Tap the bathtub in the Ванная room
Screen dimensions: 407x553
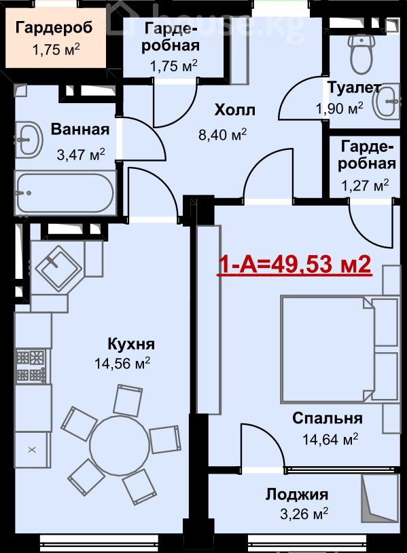coord(65,193)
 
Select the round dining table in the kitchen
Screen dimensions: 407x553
coord(120,444)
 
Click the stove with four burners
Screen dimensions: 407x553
coord(31,366)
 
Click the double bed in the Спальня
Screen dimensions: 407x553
coord(339,349)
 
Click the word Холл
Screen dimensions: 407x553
coord(235,111)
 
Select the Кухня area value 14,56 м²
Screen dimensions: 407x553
coord(122,363)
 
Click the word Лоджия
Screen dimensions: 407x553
coord(297,494)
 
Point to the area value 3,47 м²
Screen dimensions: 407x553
coord(81,154)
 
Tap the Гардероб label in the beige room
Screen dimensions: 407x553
coord(54,28)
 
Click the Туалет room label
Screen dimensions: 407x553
coord(354,88)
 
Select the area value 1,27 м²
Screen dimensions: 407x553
coord(365,185)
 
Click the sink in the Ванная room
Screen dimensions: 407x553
coord(29,139)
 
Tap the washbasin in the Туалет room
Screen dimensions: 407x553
coord(387,101)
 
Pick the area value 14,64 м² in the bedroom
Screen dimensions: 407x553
coord(330,440)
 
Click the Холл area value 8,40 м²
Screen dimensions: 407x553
coord(222,135)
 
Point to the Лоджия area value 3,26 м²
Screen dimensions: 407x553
coord(304,514)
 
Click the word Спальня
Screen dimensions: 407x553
coord(328,418)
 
